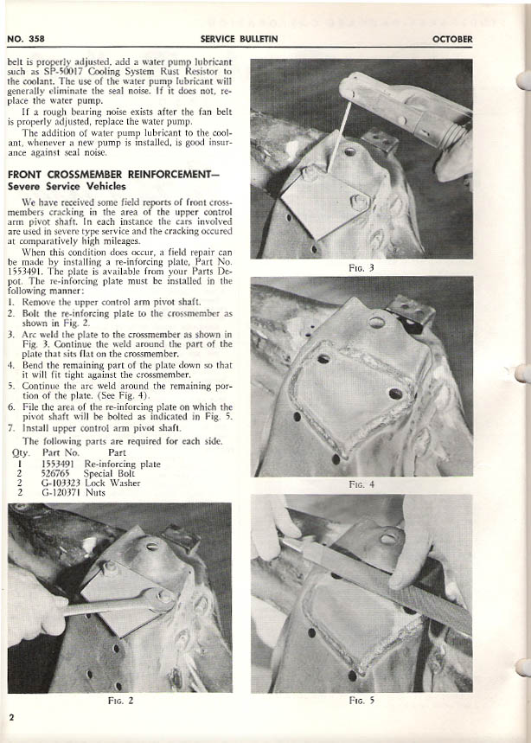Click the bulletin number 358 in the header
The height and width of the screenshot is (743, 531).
[33, 40]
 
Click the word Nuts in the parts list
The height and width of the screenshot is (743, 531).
[95, 493]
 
